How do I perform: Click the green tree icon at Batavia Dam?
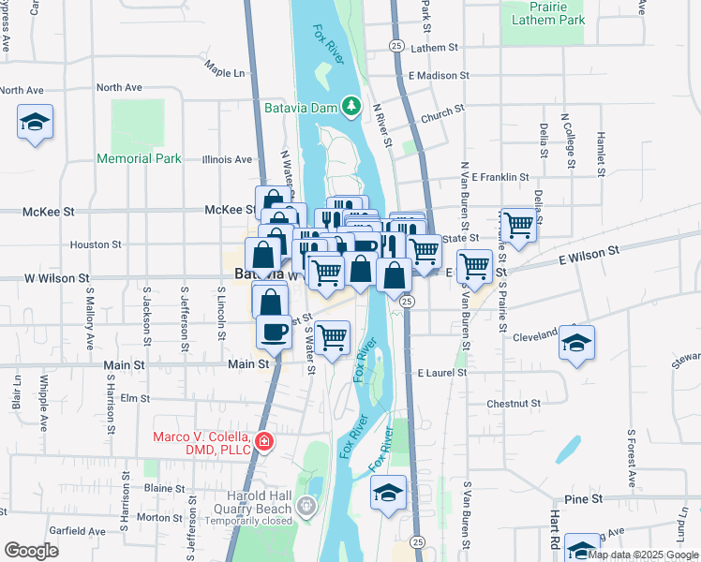tap(351, 105)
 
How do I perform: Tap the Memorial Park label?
tap(139, 158)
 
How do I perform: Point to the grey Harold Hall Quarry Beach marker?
tap(306, 507)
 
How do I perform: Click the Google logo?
tap(31, 550)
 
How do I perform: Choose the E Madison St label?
tap(439, 75)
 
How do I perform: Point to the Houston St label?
tap(97, 244)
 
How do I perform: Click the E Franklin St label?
tap(500, 176)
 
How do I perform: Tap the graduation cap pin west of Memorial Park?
tap(36, 122)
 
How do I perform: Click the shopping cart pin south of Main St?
tap(332, 337)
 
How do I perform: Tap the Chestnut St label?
tap(510, 404)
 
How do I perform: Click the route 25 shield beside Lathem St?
tap(396, 45)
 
